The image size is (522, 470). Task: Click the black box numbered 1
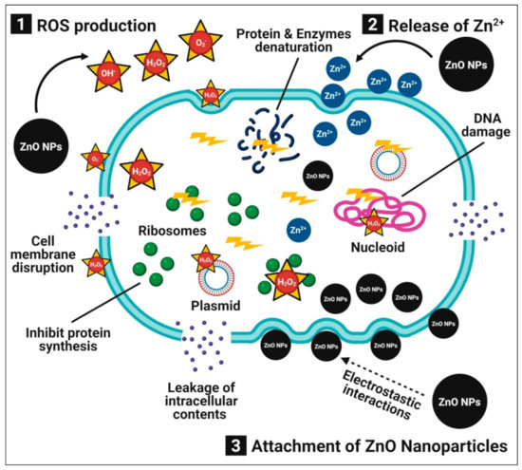[19, 18]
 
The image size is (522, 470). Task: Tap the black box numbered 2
[351, 18]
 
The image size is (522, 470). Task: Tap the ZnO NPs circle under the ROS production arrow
[43, 146]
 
